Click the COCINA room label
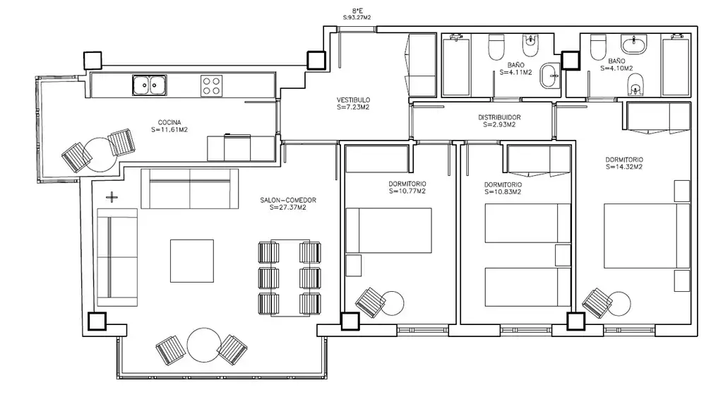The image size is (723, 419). (169, 122)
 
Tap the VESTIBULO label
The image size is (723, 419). (353, 100)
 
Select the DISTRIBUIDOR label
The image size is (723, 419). (499, 118)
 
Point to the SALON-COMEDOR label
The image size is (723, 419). (288, 200)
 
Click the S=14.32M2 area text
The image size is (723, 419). (624, 167)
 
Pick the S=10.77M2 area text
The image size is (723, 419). (407, 191)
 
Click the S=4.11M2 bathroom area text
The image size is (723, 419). (516, 73)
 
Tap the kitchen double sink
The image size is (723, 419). (150, 85)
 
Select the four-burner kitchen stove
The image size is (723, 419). (211, 85)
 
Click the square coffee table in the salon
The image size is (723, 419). (192, 261)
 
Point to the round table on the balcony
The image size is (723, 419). (204, 345)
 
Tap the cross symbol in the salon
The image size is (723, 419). (112, 198)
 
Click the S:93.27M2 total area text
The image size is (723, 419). (357, 18)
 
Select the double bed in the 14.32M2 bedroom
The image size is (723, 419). (647, 236)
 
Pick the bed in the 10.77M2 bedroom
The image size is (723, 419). (389, 230)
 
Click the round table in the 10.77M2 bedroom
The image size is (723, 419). (393, 303)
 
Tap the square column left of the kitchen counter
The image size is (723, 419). (92, 61)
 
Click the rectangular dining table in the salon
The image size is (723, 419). (290, 278)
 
